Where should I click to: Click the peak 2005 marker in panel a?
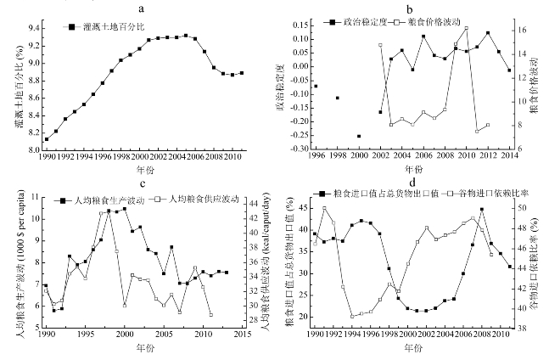(x=186, y=36)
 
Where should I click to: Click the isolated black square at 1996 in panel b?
(x=316, y=86)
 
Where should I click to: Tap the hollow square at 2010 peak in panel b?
(x=466, y=28)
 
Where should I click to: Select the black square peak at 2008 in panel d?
(x=482, y=209)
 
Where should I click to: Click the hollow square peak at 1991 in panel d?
(x=324, y=209)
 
